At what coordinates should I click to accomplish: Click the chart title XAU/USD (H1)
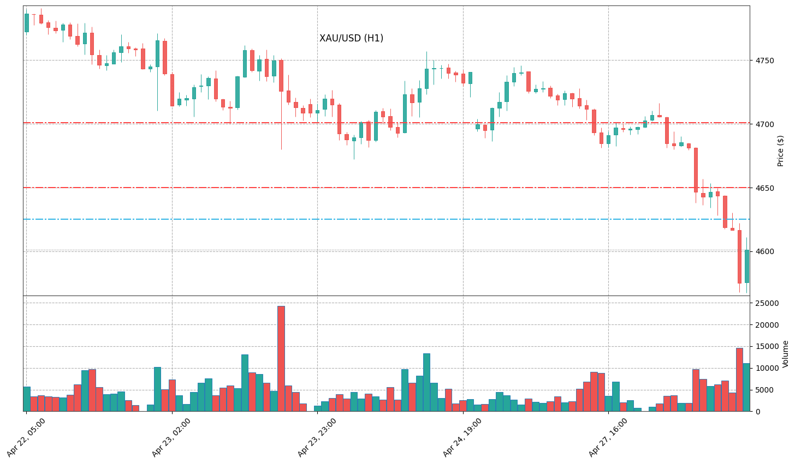pos(351,38)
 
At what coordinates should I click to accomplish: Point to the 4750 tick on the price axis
pos(763,61)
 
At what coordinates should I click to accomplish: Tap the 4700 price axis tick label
pos(763,125)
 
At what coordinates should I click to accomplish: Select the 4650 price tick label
pos(763,188)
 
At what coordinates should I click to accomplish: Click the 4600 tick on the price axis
pos(763,252)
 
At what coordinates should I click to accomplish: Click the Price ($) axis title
pos(781,150)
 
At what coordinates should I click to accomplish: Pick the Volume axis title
pos(786,353)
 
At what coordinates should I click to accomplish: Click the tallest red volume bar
pos(281,359)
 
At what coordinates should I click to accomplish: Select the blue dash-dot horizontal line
pos(382,219)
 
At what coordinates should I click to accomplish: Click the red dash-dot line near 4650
pos(382,188)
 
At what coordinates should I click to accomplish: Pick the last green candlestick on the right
pos(746,266)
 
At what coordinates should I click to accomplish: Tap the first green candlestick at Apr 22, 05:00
pos(26,23)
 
